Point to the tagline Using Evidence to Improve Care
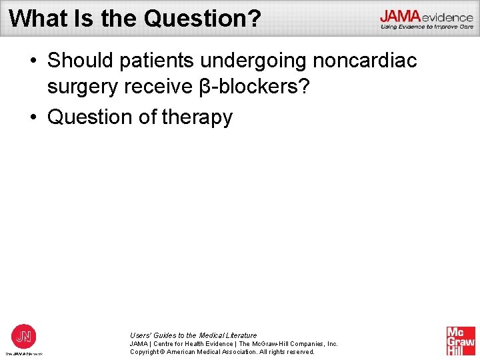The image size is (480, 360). pyautogui.click(x=427, y=27)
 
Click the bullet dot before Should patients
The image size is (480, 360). pyautogui.click(x=33, y=61)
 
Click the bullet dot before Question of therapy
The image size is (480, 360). pyautogui.click(x=33, y=117)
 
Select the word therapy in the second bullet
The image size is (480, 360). pyautogui.click(x=197, y=117)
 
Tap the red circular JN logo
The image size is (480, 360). pyautogui.click(x=24, y=335)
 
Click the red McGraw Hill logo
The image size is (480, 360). pyautogui.click(x=461, y=340)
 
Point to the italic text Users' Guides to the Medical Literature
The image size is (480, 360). pyautogui.click(x=193, y=335)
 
